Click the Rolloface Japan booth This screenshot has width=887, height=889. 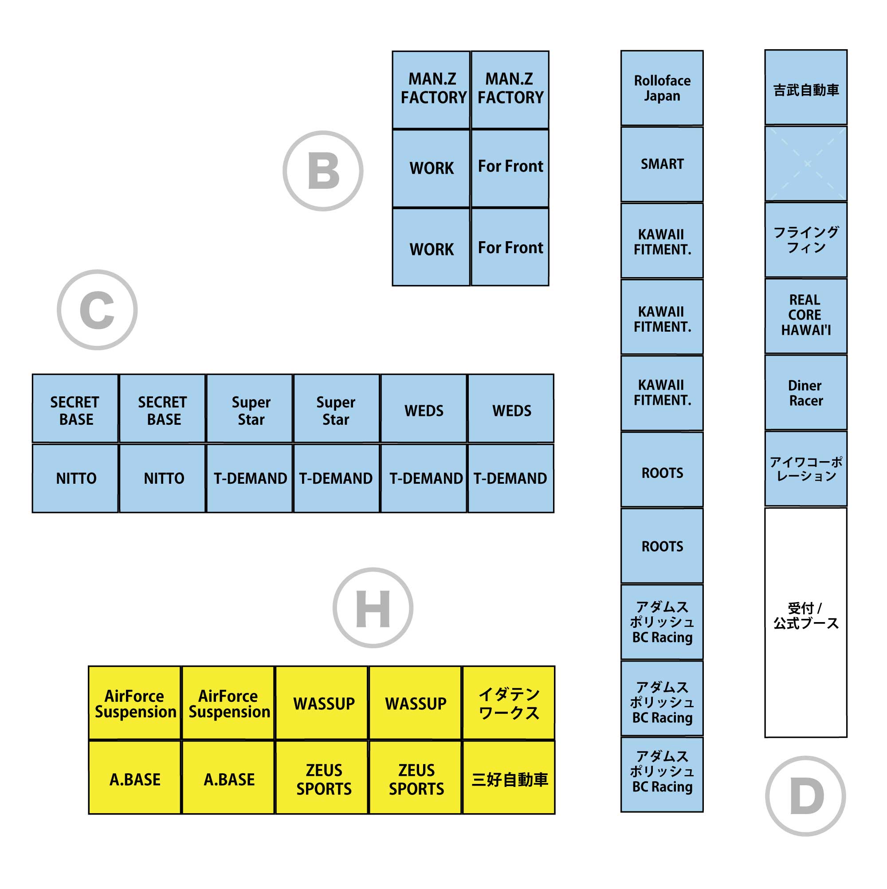[x=661, y=87]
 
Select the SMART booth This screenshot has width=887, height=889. [x=661, y=164]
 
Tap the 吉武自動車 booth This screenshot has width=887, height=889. [x=805, y=87]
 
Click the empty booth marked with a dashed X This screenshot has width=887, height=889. [x=805, y=164]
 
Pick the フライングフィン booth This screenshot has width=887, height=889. [x=805, y=240]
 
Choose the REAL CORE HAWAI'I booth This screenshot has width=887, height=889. [x=805, y=316]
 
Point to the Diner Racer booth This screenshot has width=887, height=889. [x=805, y=392]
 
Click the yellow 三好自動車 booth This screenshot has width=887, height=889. [x=508, y=779]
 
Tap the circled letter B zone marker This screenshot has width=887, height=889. [x=323, y=171]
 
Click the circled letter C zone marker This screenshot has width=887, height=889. [x=97, y=309]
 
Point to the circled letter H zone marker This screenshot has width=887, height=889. [x=373, y=608]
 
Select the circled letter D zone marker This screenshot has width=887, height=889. [x=805, y=796]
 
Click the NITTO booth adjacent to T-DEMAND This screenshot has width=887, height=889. [x=162, y=478]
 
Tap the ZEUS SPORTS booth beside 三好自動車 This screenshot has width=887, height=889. [x=415, y=779]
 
